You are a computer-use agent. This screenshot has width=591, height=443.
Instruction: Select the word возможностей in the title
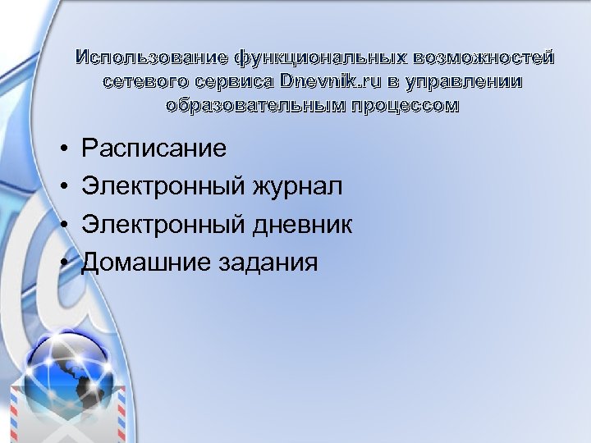tap(484, 58)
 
